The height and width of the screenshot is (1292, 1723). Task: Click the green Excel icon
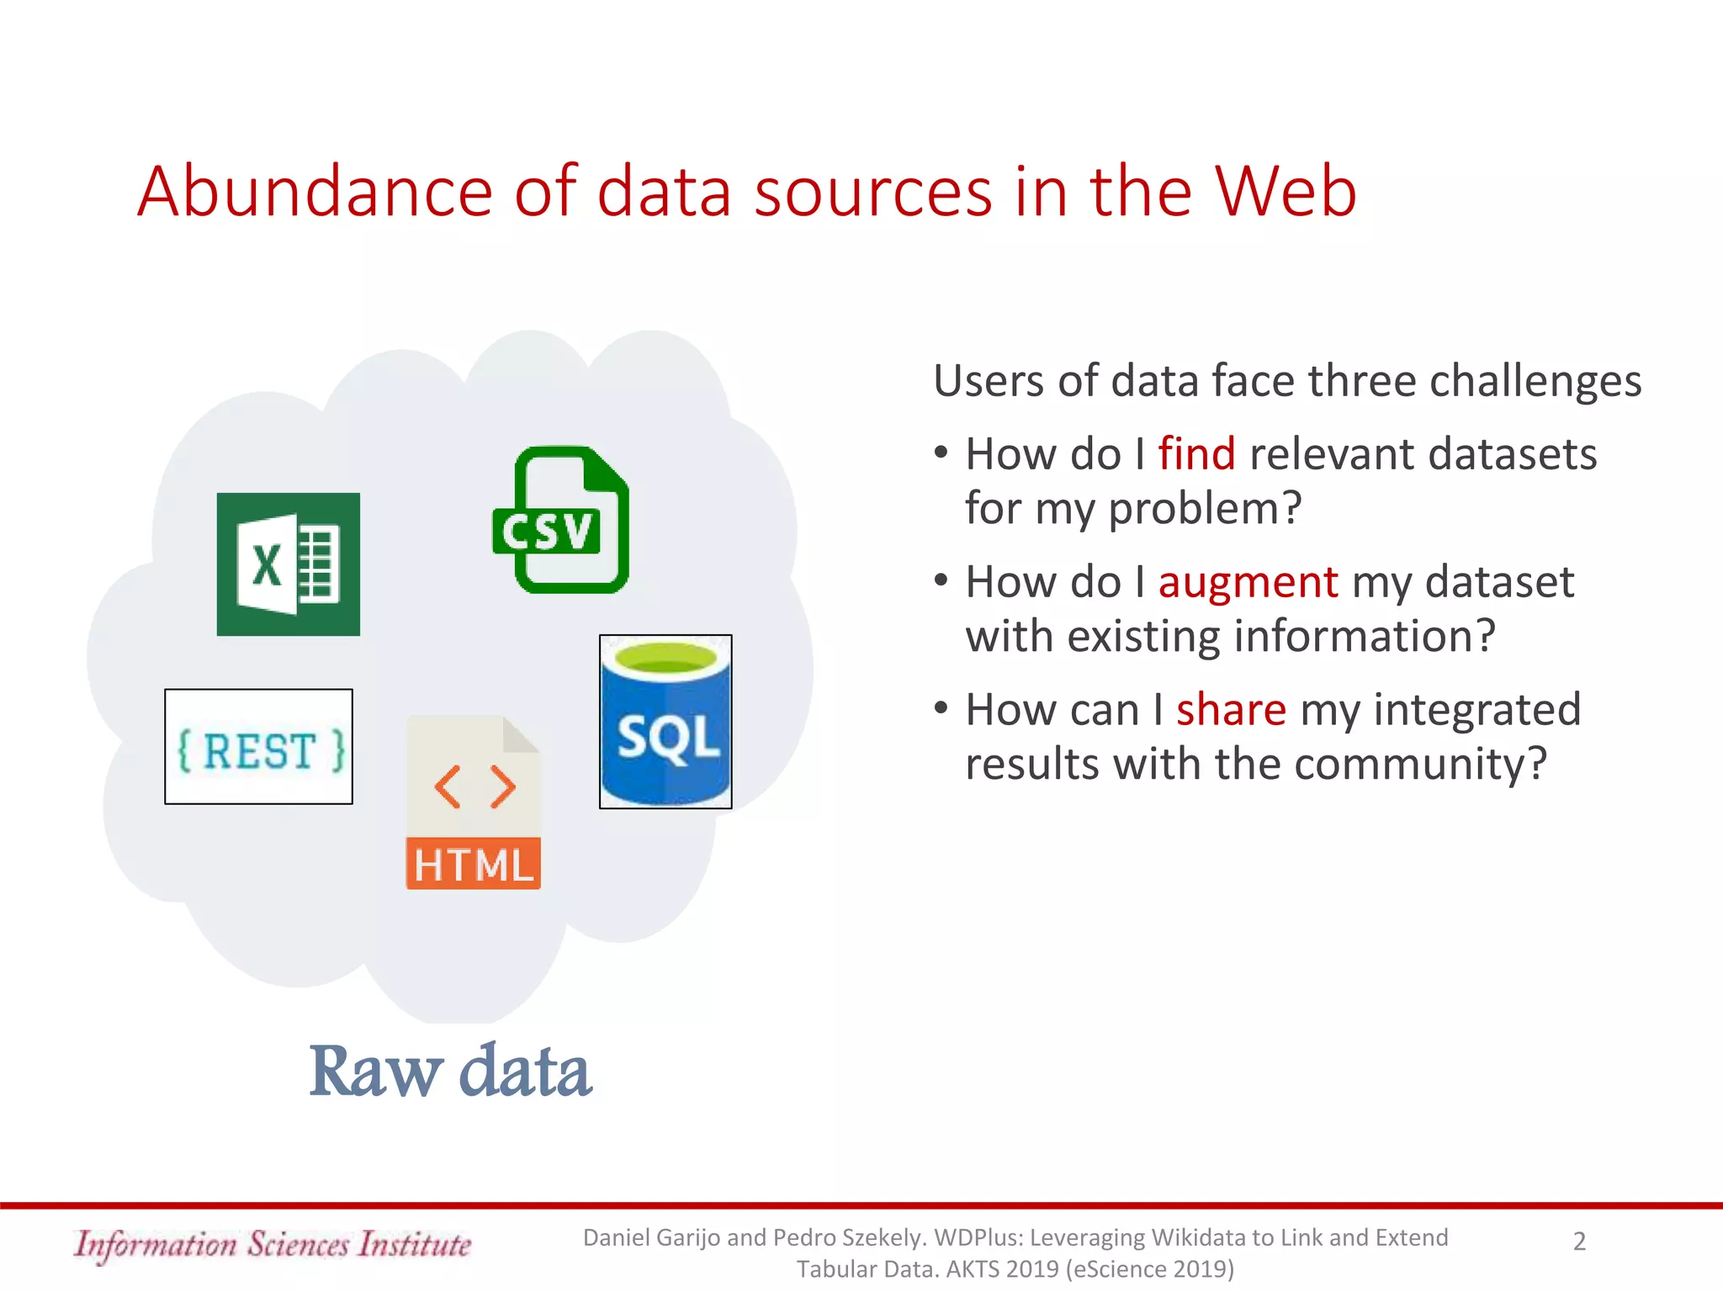tap(288, 564)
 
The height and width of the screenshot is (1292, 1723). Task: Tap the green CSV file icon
tap(560, 520)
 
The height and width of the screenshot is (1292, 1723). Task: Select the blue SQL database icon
tap(665, 722)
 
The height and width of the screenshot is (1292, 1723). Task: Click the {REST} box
tap(258, 747)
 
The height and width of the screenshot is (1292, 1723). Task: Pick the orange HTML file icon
tap(474, 803)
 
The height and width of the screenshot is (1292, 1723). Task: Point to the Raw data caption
tap(450, 1071)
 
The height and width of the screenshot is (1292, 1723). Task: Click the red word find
tap(1196, 454)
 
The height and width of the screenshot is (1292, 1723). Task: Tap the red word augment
tap(1248, 582)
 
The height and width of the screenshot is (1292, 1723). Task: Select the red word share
tap(1231, 710)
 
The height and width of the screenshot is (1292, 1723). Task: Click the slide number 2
tap(1579, 1242)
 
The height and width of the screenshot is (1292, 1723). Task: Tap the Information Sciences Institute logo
tap(273, 1244)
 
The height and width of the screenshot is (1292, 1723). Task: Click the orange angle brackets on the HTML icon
tap(474, 787)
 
